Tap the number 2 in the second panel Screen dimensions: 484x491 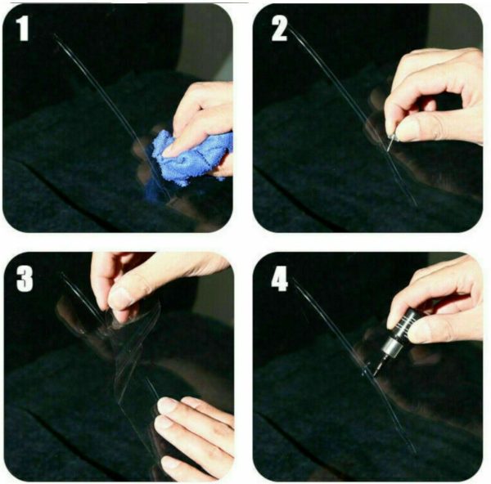pyautogui.click(x=279, y=30)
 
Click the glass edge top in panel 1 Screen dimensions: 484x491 pyautogui.click(x=56, y=37)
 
